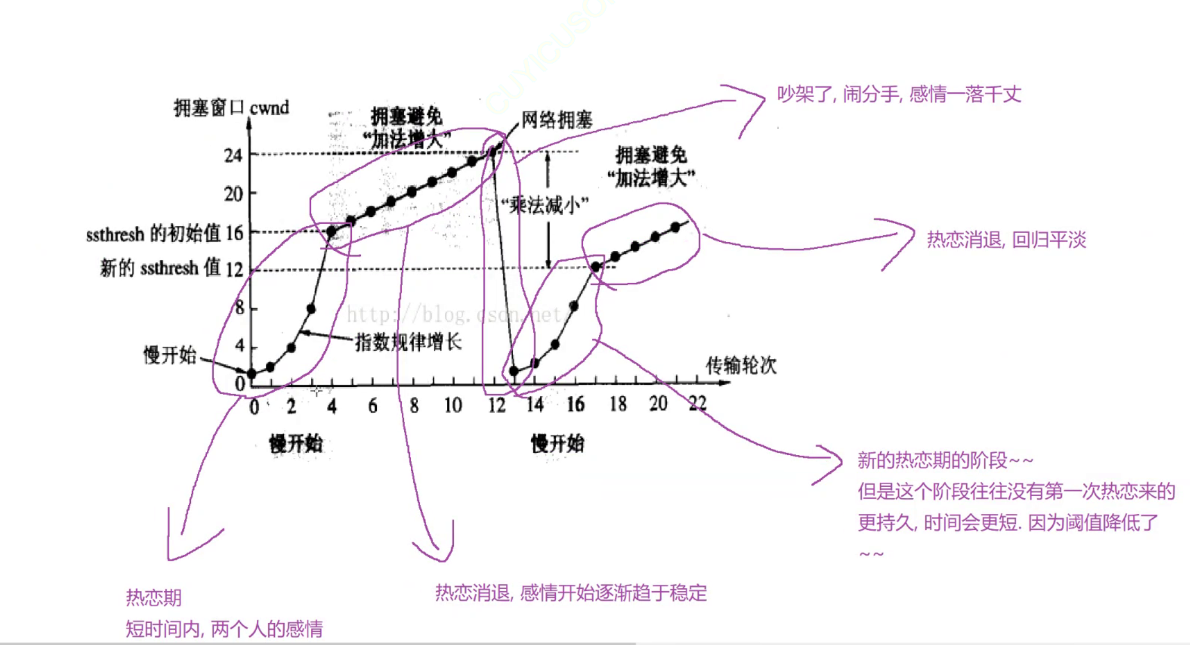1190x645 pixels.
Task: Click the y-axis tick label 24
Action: tap(233, 155)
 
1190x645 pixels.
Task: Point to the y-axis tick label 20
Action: tap(233, 194)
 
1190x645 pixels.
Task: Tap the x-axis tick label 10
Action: tap(453, 405)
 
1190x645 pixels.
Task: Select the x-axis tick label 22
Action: tap(698, 404)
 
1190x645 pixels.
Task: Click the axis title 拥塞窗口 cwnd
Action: tap(231, 108)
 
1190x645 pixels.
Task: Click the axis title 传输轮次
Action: tap(741, 366)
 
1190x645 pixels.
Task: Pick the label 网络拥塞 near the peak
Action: tap(556, 120)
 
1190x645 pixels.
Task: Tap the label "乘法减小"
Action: tap(545, 205)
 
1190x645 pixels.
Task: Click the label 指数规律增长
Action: tap(408, 342)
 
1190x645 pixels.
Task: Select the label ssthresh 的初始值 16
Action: tap(164, 234)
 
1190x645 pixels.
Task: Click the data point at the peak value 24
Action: tap(492, 151)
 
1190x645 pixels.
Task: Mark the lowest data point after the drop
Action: tap(514, 371)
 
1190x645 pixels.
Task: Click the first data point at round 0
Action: tap(252, 374)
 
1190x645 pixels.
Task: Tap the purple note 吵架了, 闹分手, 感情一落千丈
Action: tap(899, 94)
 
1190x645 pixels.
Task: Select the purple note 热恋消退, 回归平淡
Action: tap(1006, 240)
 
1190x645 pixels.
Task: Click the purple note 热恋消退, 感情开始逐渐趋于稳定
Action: tap(571, 593)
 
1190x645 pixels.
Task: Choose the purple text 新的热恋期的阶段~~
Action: tap(945, 460)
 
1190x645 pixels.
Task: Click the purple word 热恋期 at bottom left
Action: tap(154, 597)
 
